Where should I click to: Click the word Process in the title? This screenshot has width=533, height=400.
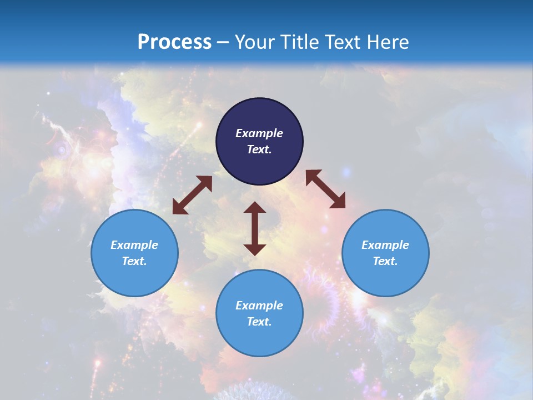tap(174, 42)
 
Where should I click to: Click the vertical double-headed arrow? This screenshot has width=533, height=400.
tap(255, 228)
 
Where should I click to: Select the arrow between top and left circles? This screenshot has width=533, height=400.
tap(192, 195)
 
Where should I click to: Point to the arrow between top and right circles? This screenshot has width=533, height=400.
tap(325, 189)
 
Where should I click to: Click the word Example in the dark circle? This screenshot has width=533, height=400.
tap(259, 133)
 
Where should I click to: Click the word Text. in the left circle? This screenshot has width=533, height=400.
tap(134, 261)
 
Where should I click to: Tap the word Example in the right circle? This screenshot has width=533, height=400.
tap(385, 245)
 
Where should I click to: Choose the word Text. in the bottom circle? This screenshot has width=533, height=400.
tap(259, 322)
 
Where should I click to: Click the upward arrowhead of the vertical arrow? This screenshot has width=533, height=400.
tap(255, 207)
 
